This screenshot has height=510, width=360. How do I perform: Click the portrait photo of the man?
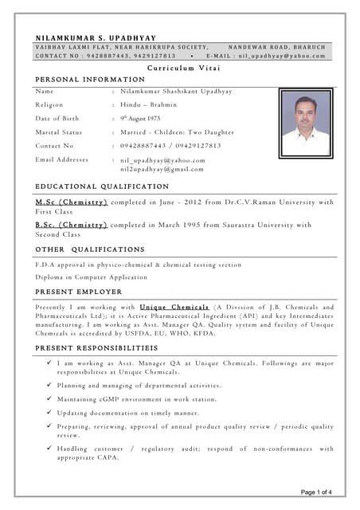coord(305,123)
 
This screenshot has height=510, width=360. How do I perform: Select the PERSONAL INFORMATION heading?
coord(90,80)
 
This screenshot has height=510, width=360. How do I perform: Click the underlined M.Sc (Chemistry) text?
coord(72,202)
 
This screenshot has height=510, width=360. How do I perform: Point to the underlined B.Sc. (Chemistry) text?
coord(72,225)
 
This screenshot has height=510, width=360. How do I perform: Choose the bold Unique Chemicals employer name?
coord(174,307)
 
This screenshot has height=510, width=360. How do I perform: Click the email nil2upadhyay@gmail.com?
coord(162,169)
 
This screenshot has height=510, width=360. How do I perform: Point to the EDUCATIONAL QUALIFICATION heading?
coord(102,186)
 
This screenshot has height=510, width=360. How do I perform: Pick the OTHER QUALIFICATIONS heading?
coord(90,249)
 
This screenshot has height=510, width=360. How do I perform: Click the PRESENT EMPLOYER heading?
coord(79,292)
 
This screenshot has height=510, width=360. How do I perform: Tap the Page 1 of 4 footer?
coord(322,492)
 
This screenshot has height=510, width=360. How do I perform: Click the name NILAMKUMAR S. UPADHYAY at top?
coord(97,37)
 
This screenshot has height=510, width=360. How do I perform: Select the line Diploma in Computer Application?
coord(92,277)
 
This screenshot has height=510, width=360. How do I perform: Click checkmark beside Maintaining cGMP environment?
coord(49,398)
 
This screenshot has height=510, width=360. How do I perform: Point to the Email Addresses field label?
coord(62,159)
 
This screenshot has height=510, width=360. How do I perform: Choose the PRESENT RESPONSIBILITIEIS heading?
coord(96,349)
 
